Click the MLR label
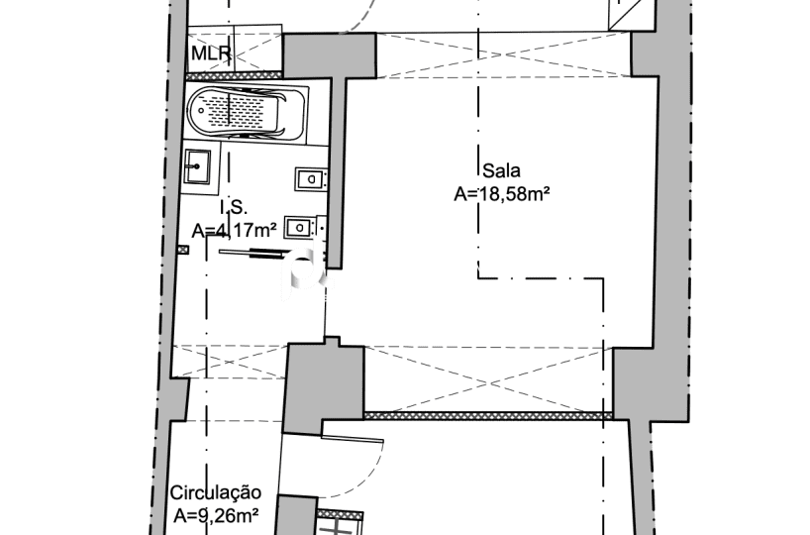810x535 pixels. point(211,53)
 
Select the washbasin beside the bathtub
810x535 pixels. point(197,166)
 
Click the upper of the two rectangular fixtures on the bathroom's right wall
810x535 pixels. point(311,179)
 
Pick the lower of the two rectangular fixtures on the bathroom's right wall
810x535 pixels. point(300,228)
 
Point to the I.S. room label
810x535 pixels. point(234,208)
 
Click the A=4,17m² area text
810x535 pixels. point(234,230)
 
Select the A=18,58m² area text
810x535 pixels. point(501,194)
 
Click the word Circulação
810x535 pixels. point(216,492)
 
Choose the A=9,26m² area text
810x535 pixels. point(216,515)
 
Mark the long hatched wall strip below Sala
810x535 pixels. point(488,415)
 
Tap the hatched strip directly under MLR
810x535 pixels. point(235,75)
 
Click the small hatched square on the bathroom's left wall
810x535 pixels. point(183,250)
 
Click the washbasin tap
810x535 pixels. point(196,166)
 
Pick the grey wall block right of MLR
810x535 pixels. point(330,55)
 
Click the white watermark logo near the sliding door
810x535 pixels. point(306,274)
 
